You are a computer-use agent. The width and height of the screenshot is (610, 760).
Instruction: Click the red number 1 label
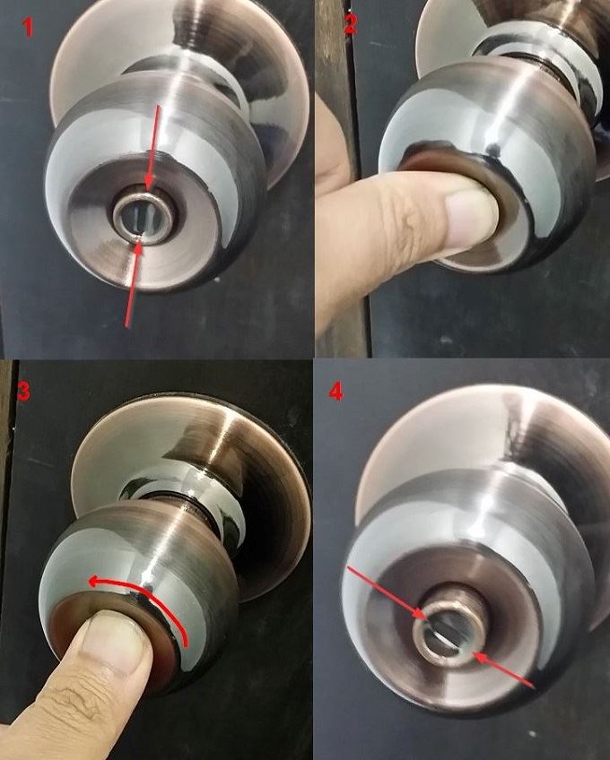30,28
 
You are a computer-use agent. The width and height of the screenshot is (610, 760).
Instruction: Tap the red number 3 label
23,392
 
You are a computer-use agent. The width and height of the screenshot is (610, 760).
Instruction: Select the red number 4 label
335,393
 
